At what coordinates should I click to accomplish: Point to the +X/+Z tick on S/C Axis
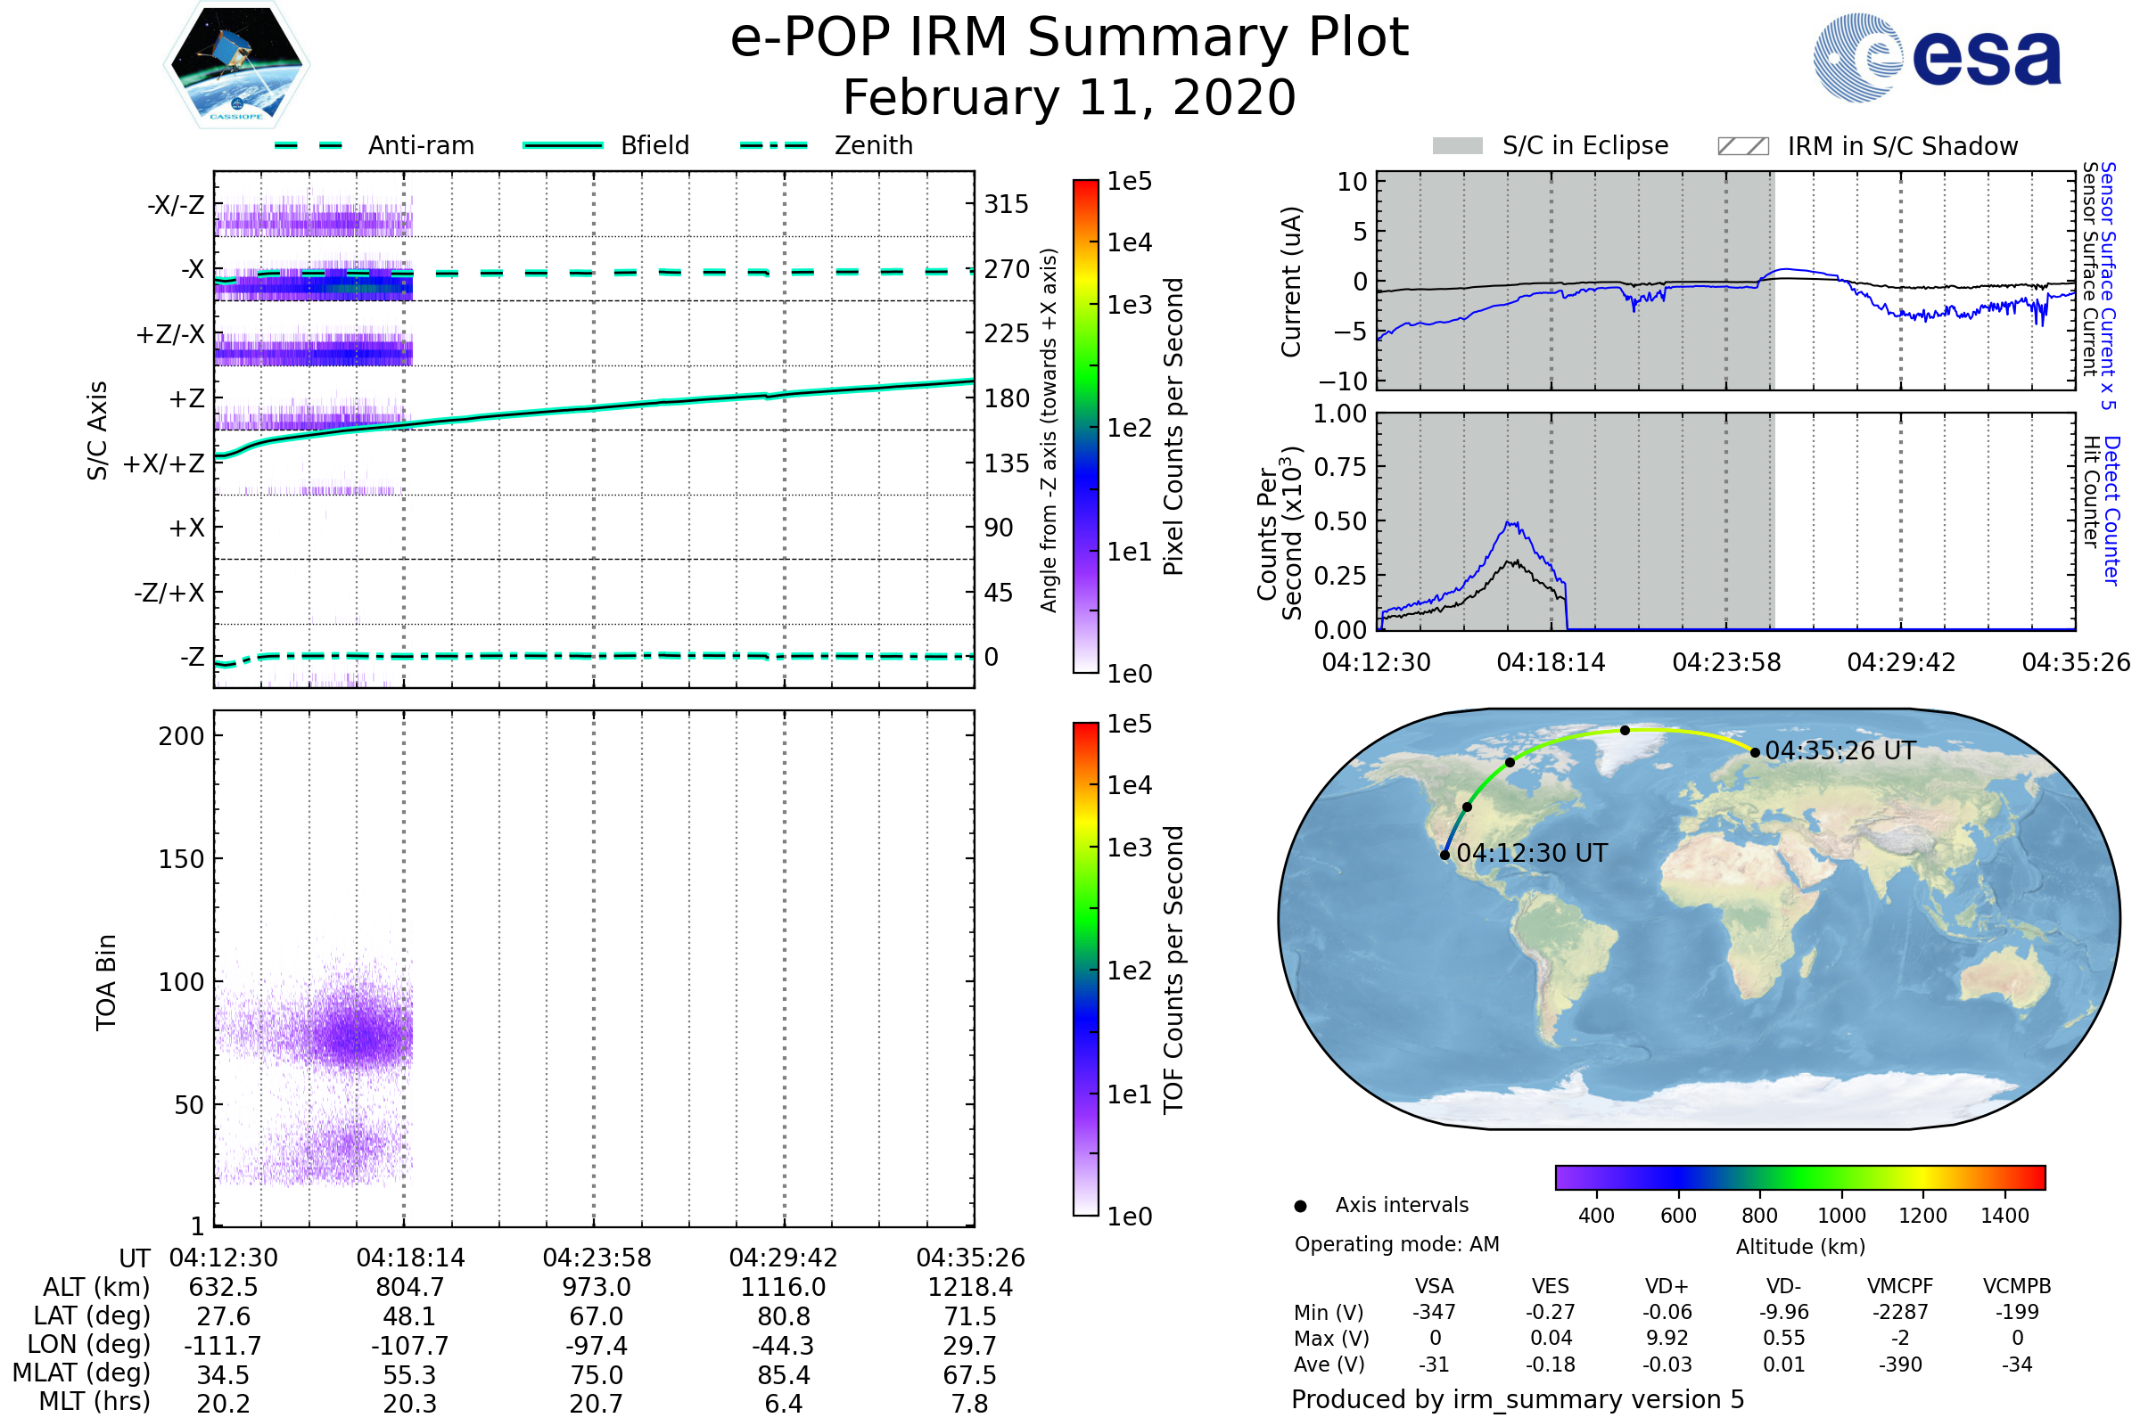coord(164,463)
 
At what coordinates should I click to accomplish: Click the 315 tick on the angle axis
coord(1007,204)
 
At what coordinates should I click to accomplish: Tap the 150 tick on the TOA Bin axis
coord(181,859)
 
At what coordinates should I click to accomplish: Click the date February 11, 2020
coord(1069,97)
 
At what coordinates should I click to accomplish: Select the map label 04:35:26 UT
coord(1840,751)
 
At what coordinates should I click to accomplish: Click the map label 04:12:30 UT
coord(1532,854)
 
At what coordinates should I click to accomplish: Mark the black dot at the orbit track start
coord(1444,855)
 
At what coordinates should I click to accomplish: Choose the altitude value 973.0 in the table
coord(596,1288)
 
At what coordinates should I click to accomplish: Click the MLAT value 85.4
coord(784,1375)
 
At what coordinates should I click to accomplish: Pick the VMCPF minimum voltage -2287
coord(1900,1312)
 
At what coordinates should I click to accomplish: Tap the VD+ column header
coord(1667,1287)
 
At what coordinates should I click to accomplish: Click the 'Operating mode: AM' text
coord(1396,1244)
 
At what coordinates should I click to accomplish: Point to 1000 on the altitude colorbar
coord(1841,1216)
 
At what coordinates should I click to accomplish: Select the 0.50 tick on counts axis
coord(1340,522)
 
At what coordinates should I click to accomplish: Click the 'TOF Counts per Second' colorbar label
coord(1173,970)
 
